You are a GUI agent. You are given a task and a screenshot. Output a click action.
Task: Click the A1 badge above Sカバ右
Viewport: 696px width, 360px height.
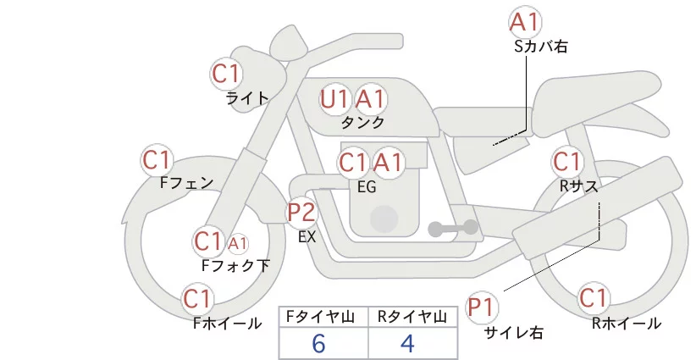pos(525,22)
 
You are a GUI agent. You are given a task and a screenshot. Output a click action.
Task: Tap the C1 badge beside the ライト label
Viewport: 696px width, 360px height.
pos(226,73)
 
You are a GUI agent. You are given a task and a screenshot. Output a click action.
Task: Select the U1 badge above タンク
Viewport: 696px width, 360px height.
pos(335,99)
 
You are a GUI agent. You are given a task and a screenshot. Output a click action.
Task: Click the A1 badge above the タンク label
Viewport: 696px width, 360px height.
pos(370,99)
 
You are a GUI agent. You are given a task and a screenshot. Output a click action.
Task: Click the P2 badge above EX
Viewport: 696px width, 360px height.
pos(301,211)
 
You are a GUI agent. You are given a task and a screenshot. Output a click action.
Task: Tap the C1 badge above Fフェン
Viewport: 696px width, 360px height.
pos(157,159)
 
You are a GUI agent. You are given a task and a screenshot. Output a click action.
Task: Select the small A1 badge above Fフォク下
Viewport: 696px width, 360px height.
pos(238,244)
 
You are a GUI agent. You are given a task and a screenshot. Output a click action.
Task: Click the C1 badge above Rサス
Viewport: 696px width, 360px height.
pos(566,161)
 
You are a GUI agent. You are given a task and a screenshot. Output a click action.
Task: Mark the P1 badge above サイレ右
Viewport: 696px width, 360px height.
pos(484,307)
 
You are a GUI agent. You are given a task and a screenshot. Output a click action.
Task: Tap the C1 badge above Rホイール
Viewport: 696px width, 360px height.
pos(594,298)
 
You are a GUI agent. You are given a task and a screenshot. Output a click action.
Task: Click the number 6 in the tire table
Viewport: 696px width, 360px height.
pos(318,343)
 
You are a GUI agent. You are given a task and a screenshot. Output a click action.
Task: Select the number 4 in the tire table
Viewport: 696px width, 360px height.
pos(408,343)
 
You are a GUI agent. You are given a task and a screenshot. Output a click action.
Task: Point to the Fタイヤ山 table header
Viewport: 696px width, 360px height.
pos(324,317)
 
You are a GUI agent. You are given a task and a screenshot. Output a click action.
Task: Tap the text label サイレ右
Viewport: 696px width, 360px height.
pos(513,333)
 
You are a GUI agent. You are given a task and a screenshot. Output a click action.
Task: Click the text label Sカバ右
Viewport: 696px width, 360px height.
pos(541,47)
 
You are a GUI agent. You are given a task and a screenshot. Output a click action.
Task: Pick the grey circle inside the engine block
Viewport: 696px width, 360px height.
pos(384,218)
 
